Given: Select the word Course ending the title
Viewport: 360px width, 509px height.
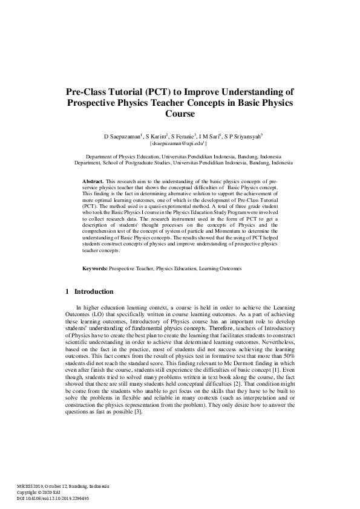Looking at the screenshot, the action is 180,114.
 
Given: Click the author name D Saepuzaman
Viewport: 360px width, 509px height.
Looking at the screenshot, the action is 122,137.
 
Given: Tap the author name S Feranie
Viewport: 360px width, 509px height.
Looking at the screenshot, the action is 188,137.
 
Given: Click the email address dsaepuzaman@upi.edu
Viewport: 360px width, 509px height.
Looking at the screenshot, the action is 179,144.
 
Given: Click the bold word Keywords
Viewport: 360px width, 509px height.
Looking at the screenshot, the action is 95,268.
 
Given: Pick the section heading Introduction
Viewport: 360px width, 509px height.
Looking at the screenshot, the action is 94,291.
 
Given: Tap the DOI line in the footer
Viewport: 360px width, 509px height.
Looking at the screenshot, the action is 53,499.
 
